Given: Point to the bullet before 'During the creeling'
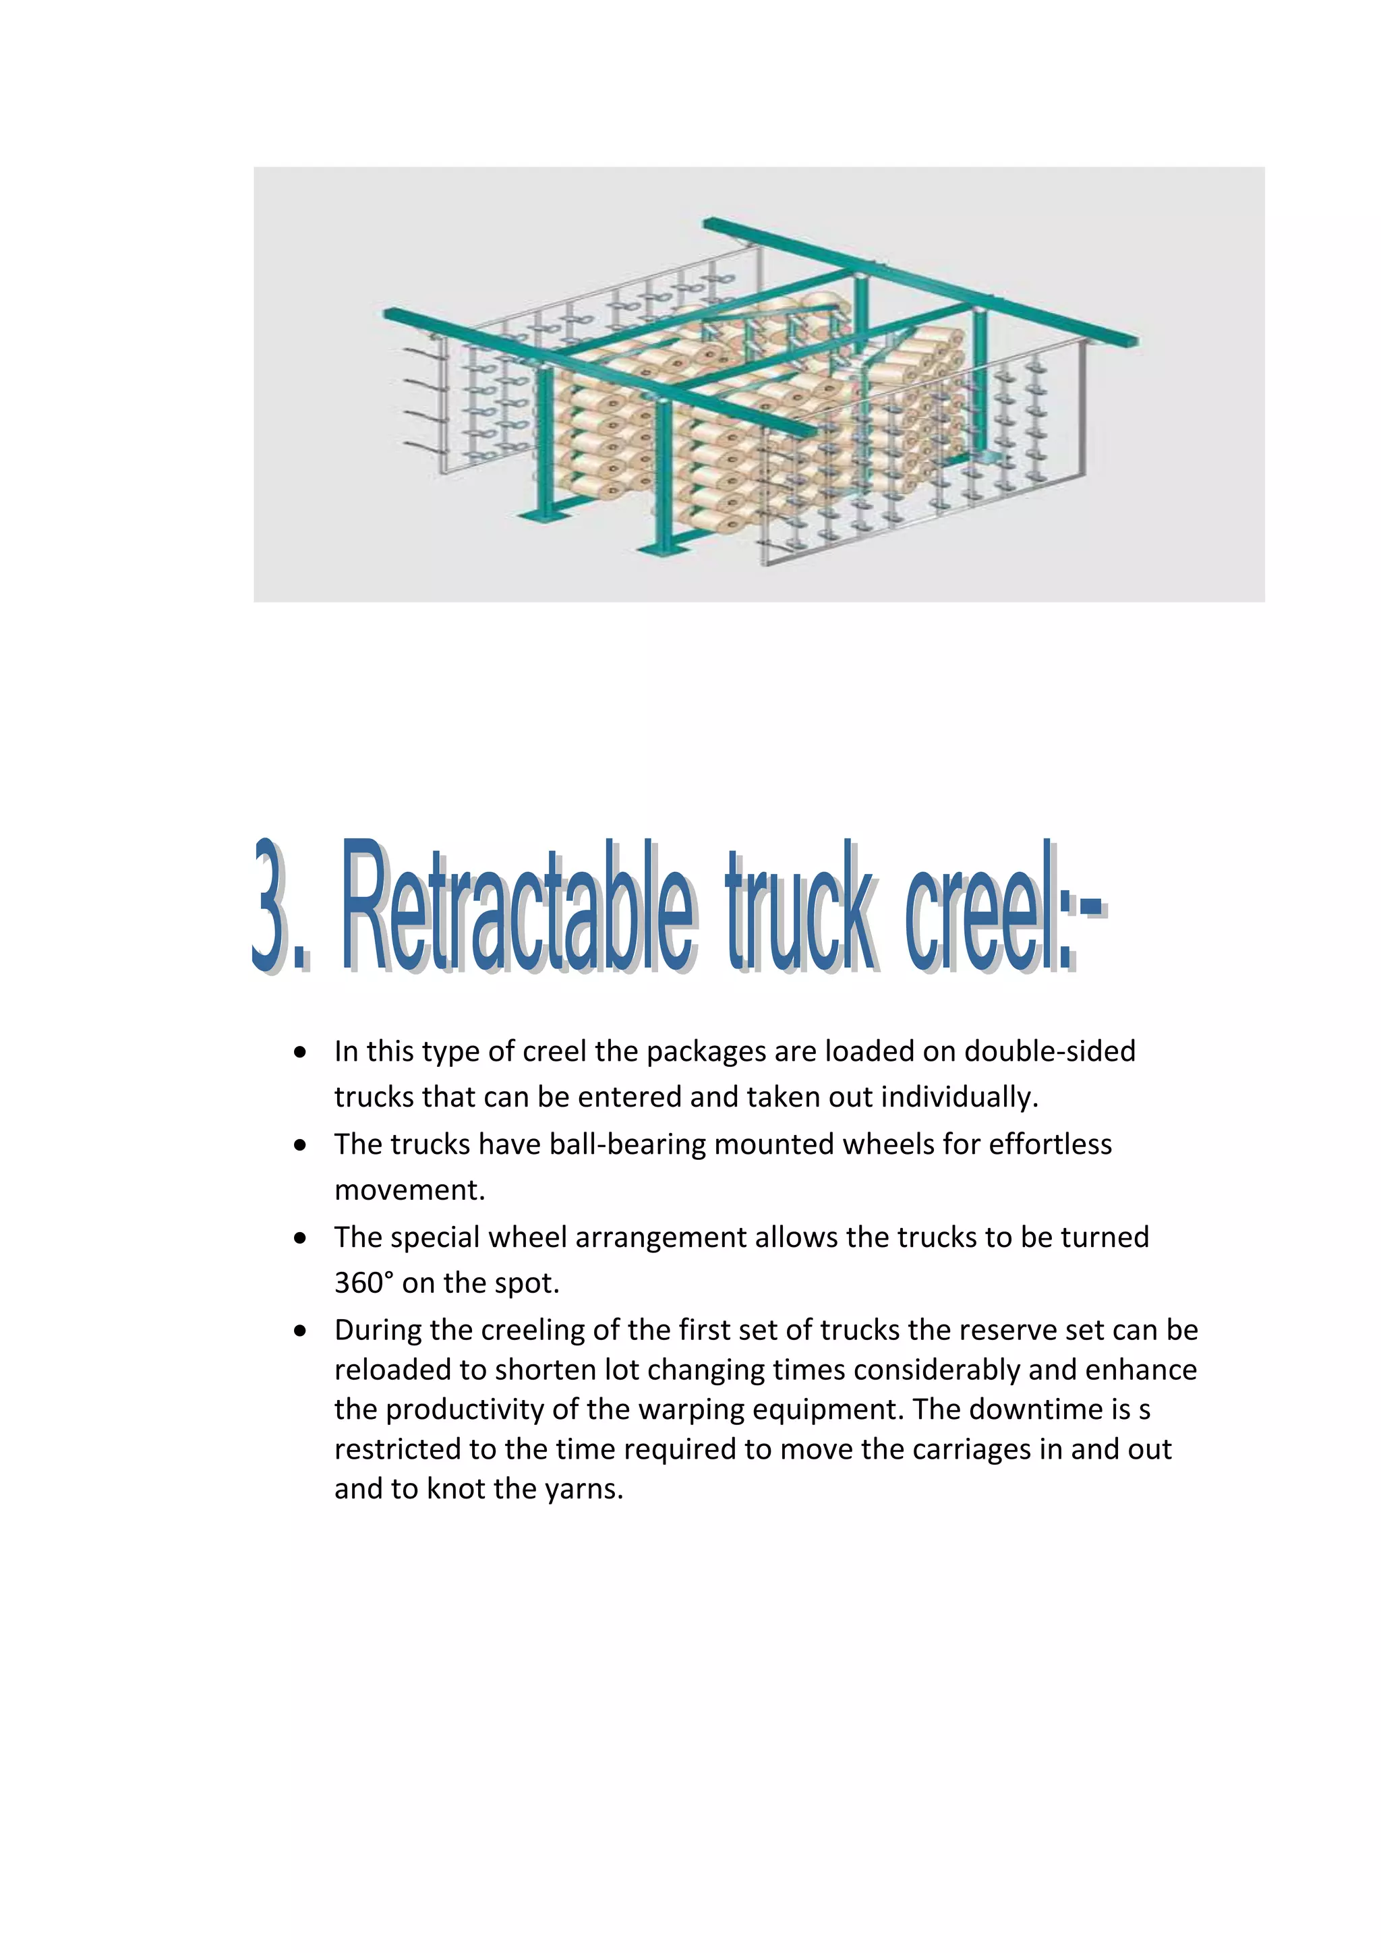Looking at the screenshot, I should pyautogui.click(x=300, y=1331).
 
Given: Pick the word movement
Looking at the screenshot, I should pyautogui.click(x=409, y=1190).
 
